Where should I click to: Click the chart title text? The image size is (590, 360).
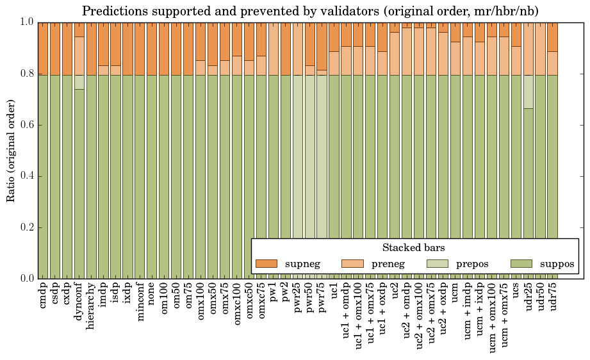click(x=310, y=11)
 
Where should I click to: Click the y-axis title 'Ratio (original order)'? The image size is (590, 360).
click(x=11, y=150)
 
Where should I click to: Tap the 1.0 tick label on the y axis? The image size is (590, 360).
click(x=26, y=22)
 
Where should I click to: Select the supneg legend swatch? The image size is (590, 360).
click(x=266, y=263)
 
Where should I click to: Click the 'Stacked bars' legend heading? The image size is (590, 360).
click(x=413, y=248)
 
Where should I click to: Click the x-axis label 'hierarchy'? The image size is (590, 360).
click(x=92, y=301)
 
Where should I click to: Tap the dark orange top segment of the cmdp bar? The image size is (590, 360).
click(x=43, y=49)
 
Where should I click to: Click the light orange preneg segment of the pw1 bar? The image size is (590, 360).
click(x=273, y=49)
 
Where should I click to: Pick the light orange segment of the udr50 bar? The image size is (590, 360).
click(x=541, y=49)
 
